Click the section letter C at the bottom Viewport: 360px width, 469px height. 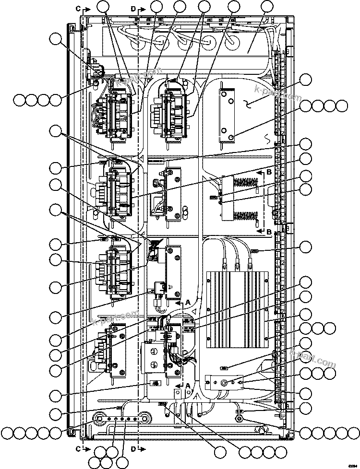tap(78, 449)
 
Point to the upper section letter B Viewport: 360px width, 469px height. tap(269, 171)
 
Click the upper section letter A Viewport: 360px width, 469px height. tap(188, 302)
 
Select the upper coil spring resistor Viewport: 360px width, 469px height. tap(246, 182)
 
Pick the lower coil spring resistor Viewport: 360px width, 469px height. tap(246, 216)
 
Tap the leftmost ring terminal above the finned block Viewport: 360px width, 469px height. tap(223, 262)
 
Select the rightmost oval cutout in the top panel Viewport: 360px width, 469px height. tap(233, 42)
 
